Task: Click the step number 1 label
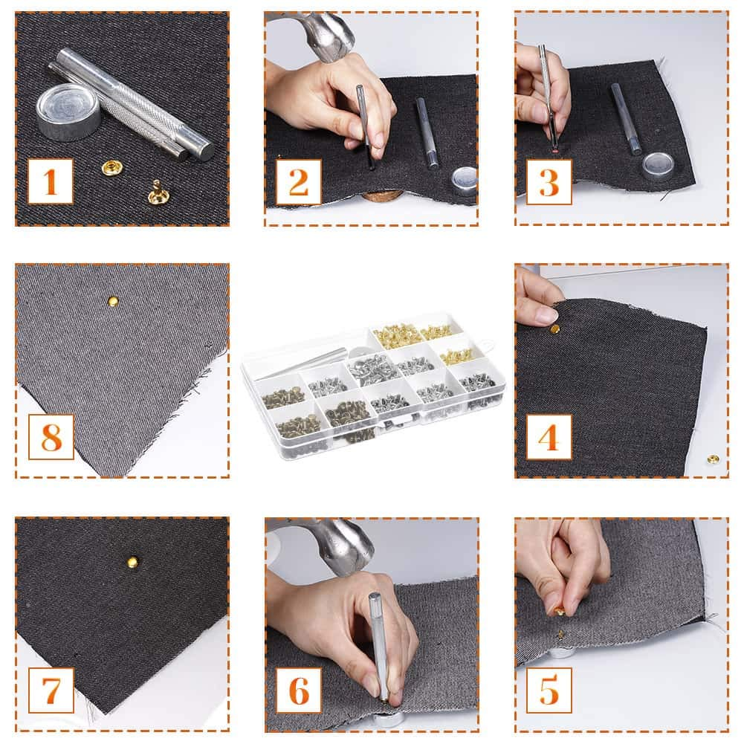tap(51, 181)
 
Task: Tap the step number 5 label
tap(549, 690)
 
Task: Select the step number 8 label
tap(51, 436)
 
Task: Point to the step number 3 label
tap(549, 181)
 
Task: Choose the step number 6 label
tap(299, 690)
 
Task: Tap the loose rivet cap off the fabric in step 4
tap(713, 459)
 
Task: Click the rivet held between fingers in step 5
tap(559, 611)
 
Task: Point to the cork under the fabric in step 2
tap(382, 197)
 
